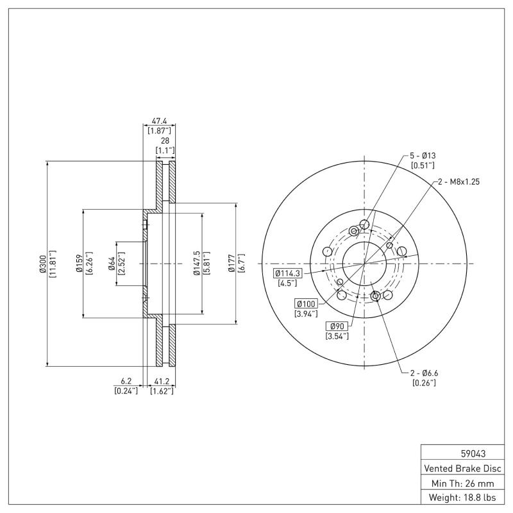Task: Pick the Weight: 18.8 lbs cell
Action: pos(461,498)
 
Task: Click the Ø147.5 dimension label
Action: pos(198,264)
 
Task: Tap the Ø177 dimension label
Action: pos(232,264)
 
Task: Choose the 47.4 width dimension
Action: pos(159,120)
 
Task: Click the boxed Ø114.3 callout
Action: pos(289,273)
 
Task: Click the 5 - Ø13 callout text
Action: pos(423,156)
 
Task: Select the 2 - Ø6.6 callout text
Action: pos(423,373)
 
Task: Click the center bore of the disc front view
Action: pos(364,264)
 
